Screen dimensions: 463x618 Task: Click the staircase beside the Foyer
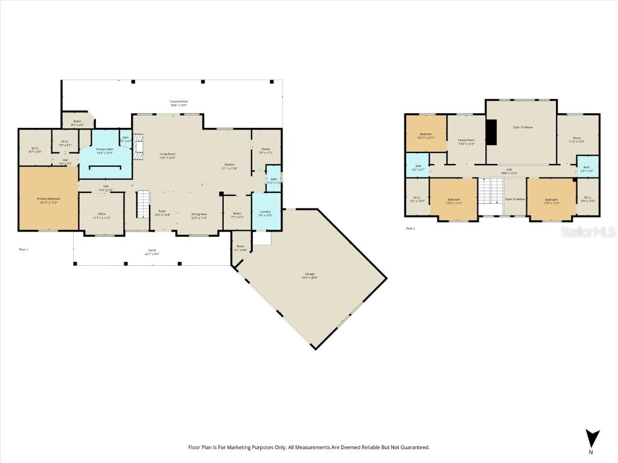pyautogui.click(x=142, y=205)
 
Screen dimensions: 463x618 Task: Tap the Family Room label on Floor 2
pyautogui.click(x=467, y=140)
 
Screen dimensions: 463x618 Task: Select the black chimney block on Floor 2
pyautogui.click(x=491, y=133)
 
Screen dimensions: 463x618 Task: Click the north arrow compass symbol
pyautogui.click(x=592, y=438)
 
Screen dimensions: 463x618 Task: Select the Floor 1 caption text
pyautogui.click(x=24, y=249)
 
